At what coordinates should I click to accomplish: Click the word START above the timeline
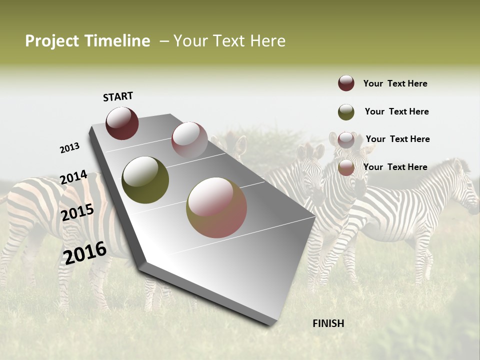tap(118, 96)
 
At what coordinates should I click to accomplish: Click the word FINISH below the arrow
tap(328, 323)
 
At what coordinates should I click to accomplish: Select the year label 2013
tap(69, 147)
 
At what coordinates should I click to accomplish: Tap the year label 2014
tap(73, 177)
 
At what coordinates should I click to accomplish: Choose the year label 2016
tap(85, 252)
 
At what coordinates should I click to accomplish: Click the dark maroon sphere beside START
tap(122, 123)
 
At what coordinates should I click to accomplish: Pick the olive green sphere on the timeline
tap(145, 180)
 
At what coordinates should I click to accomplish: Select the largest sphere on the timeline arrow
tap(216, 207)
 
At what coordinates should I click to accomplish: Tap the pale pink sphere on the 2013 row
tap(189, 140)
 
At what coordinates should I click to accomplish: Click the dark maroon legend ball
tap(346, 83)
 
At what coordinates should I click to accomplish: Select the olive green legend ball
tap(346, 112)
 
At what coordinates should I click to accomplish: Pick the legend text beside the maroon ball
tap(395, 83)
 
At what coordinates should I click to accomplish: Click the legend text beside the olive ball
tap(396, 111)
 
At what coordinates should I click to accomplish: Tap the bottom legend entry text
tap(395, 167)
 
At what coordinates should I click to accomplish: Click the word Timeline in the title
tap(118, 41)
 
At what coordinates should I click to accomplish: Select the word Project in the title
tap(52, 41)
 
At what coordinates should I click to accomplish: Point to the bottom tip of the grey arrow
tap(270, 324)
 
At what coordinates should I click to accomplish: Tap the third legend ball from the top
tap(346, 140)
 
